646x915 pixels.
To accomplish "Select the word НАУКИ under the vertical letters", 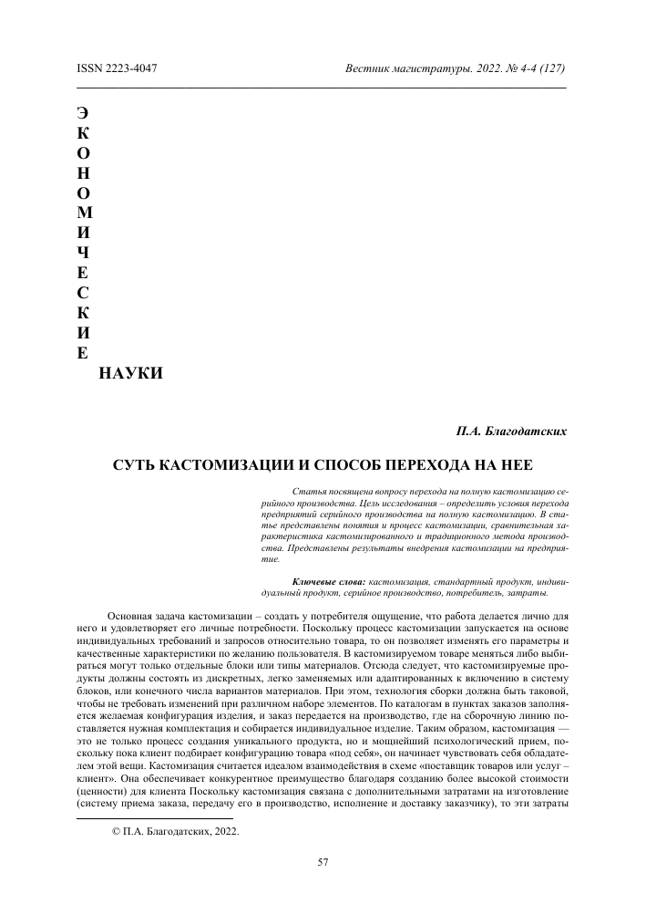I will coord(131,373).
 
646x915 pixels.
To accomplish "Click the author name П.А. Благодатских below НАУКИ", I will coord(511,428).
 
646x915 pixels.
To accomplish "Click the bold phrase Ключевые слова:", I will coord(328,581).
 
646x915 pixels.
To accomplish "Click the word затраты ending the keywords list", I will coord(524,593).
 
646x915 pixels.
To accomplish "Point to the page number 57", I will coord(323,863).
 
